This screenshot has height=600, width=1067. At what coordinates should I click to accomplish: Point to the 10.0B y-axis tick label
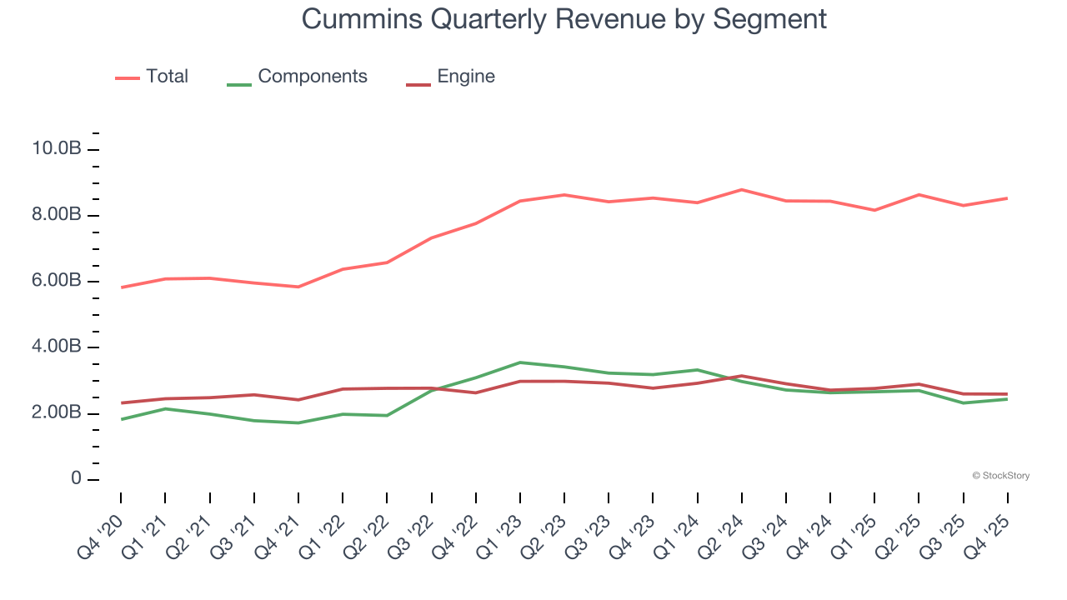pyautogui.click(x=56, y=149)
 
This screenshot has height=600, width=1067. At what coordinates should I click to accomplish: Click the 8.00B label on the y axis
pyautogui.click(x=56, y=215)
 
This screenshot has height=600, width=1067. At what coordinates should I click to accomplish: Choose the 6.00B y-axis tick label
pyautogui.click(x=56, y=281)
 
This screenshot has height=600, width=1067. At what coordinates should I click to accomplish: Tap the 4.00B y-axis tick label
pyautogui.click(x=56, y=347)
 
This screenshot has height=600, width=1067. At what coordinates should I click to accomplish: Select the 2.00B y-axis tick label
pyautogui.click(x=56, y=413)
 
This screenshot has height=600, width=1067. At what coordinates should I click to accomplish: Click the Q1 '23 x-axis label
pyautogui.click(x=500, y=533)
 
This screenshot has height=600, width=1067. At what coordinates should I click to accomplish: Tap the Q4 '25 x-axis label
pyautogui.click(x=989, y=533)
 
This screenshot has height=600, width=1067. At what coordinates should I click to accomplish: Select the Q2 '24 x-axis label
pyautogui.click(x=722, y=533)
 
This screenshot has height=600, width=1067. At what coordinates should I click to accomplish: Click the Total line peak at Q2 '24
pyautogui.click(x=741, y=190)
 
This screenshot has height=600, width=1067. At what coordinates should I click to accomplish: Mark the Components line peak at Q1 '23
pyautogui.click(x=520, y=362)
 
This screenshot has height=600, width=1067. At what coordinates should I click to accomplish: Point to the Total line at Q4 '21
pyautogui.click(x=298, y=287)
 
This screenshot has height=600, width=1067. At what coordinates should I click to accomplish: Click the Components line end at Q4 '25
pyautogui.click(x=1007, y=399)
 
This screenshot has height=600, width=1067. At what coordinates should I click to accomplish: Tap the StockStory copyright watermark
pyautogui.click(x=1000, y=476)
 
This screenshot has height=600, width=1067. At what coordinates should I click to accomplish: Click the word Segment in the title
pyautogui.click(x=769, y=18)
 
